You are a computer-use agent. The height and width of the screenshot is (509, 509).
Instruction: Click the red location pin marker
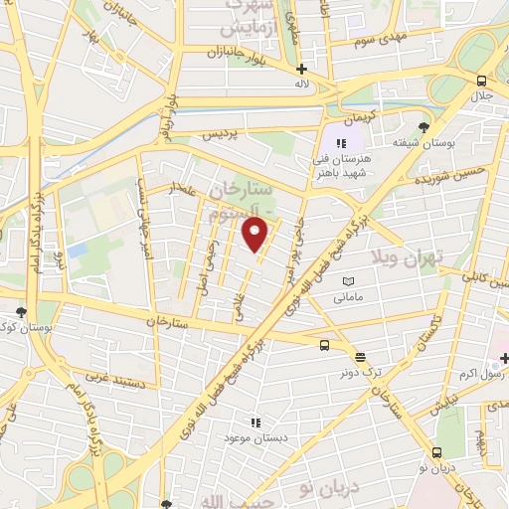[x=256, y=235]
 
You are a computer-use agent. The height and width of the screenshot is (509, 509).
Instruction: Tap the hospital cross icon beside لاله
[x=301, y=69]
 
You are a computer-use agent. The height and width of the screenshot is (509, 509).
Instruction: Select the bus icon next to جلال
[x=481, y=81]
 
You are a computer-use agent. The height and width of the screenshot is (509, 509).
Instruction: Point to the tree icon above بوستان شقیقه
[x=424, y=127]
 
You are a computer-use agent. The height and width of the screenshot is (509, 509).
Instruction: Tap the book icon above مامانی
[x=348, y=281]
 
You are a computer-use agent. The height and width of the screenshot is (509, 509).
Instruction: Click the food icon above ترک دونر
[x=359, y=357]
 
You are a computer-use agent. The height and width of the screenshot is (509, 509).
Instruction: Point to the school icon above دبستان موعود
[x=254, y=422]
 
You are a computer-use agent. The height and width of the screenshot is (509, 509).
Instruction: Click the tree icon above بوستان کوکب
[x=22, y=312]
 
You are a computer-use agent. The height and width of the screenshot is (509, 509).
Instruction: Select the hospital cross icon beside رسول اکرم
[x=504, y=357]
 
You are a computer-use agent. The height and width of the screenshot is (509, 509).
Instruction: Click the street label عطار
[x=186, y=190]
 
